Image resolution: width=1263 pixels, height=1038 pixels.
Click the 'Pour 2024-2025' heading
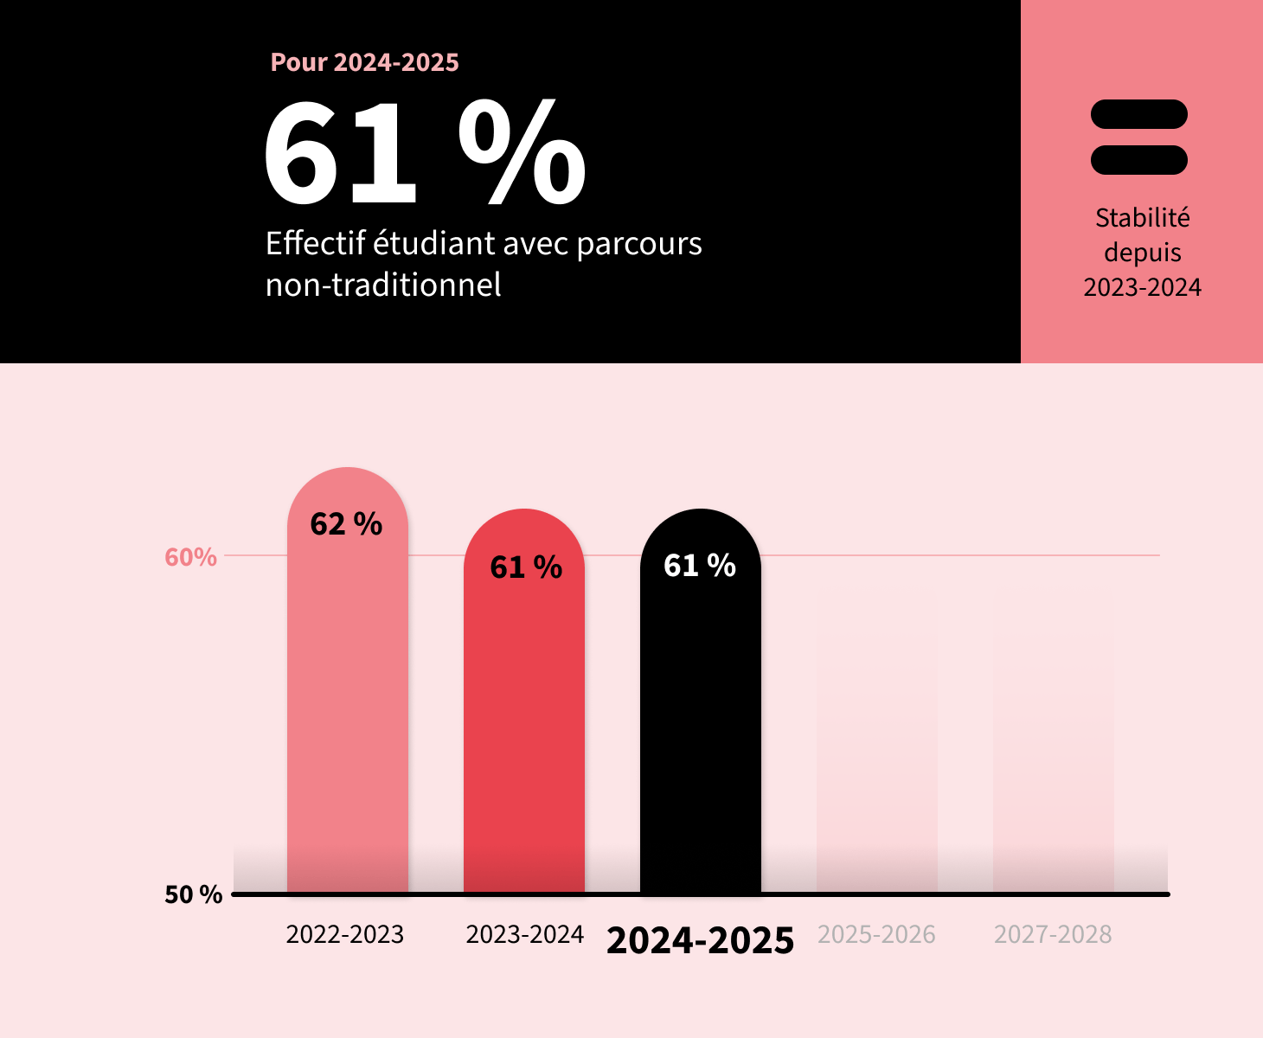[364, 62]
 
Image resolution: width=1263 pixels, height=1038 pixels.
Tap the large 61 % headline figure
[424, 153]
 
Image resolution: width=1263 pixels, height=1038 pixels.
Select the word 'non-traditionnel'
[383, 285]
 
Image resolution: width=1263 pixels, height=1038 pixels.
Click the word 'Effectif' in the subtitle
[316, 243]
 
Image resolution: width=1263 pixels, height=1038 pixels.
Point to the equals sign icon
[1139, 138]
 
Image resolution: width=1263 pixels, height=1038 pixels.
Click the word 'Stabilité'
[1142, 218]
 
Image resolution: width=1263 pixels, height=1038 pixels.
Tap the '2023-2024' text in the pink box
[1142, 287]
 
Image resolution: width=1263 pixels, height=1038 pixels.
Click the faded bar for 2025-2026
[877, 744]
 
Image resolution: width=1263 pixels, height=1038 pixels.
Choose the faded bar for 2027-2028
[1054, 744]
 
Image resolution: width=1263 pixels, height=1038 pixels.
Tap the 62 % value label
[346, 524]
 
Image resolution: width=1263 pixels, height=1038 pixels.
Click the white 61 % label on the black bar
[700, 566]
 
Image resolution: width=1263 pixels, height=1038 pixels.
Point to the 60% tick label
[190, 557]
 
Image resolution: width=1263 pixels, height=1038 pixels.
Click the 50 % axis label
[193, 894]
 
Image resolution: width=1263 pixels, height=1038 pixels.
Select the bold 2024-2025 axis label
[700, 940]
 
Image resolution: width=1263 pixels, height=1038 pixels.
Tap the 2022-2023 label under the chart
[344, 934]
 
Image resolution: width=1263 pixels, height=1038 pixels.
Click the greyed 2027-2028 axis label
[1053, 934]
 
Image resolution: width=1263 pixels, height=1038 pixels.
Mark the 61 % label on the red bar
[526, 567]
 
